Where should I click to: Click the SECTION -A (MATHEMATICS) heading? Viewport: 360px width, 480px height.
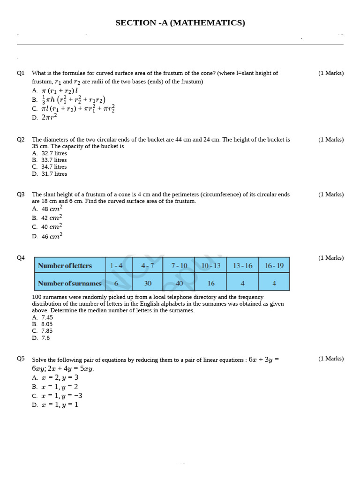click(x=180, y=22)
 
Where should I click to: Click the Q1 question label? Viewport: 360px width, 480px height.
click(x=21, y=73)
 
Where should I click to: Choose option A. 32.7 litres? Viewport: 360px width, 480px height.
click(x=50, y=153)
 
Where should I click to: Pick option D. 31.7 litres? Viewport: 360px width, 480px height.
click(x=50, y=174)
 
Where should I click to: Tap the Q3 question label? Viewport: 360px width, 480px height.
click(x=21, y=195)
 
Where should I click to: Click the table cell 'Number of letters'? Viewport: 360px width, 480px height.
click(x=69, y=266)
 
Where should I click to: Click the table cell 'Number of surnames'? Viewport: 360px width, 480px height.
click(x=69, y=283)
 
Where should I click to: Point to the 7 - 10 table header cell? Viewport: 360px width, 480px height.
click(x=179, y=266)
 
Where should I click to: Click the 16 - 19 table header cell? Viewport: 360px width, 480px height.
click(x=274, y=266)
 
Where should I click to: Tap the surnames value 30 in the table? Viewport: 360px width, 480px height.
click(x=148, y=283)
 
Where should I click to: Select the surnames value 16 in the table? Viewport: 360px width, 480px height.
click(x=211, y=283)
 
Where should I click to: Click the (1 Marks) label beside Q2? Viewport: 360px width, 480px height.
click(x=330, y=140)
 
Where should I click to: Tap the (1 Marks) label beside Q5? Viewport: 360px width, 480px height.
click(x=330, y=359)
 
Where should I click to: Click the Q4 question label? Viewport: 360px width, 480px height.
click(x=21, y=258)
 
